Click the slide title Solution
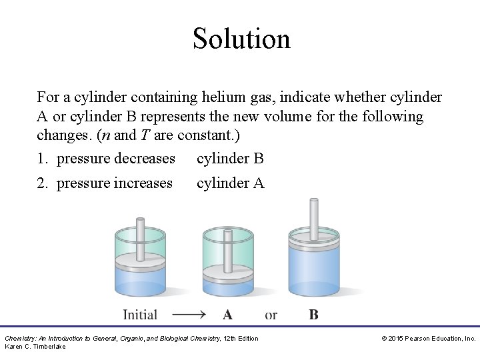pos(241,38)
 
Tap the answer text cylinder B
pos(230,159)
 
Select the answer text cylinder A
pos(230,183)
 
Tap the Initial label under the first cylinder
pos(140,315)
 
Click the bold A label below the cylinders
pos(227,315)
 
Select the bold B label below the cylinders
pos(313,315)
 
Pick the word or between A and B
pos(271,315)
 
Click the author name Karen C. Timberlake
pos(35,347)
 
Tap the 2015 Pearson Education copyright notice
pos(428,339)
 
